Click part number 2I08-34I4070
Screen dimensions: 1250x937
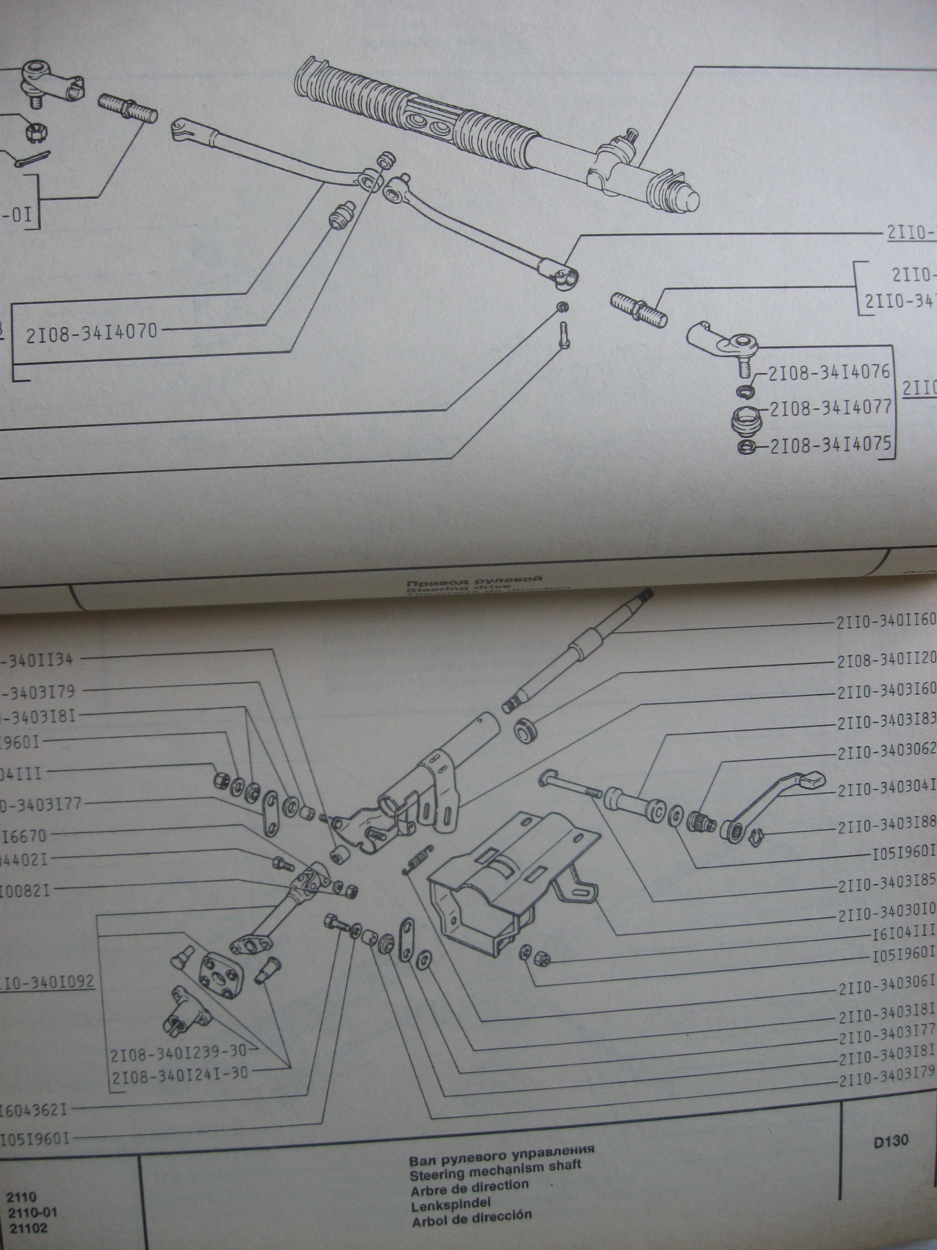[91, 332]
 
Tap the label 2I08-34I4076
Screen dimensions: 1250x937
[829, 373]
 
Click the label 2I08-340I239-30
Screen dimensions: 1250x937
[179, 1051]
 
